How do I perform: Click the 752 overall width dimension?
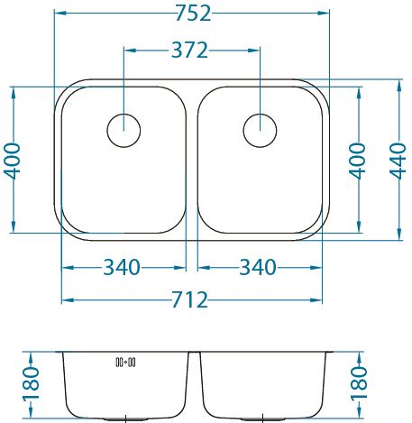point(193,14)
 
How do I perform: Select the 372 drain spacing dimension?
point(189,51)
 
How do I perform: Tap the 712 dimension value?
point(189,299)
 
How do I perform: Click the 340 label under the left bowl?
point(122,267)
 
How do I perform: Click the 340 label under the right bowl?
point(258,267)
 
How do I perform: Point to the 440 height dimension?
point(398,161)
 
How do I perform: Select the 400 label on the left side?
point(12,161)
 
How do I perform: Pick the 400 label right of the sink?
point(357,161)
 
